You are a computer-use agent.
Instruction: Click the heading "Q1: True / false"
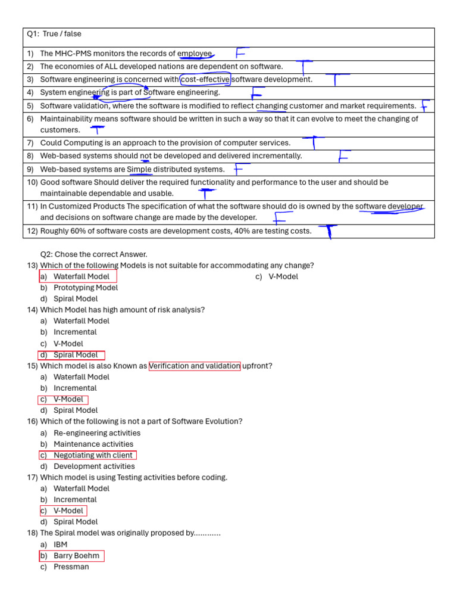pyautogui.click(x=54, y=34)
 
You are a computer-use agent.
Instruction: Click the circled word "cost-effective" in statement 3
pyautogui.click(x=205, y=79)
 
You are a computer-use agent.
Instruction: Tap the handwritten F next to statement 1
pyautogui.click(x=241, y=54)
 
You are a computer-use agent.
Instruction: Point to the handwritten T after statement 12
pyautogui.click(x=328, y=231)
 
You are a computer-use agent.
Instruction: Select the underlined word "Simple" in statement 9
pyautogui.click(x=139, y=169)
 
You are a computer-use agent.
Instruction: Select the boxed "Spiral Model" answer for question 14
pyautogui.click(x=75, y=355)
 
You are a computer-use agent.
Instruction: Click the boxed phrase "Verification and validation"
pyautogui.click(x=195, y=366)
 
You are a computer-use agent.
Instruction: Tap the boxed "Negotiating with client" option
pyautogui.click(x=93, y=455)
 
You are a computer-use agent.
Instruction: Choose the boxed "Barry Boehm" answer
pyautogui.click(x=76, y=556)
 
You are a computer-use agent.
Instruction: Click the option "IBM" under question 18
pyautogui.click(x=60, y=544)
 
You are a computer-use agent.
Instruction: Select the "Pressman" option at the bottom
pyautogui.click(x=71, y=567)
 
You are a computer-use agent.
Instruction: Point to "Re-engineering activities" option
pyautogui.click(x=97, y=433)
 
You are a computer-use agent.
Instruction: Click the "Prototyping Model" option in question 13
pyautogui.click(x=86, y=288)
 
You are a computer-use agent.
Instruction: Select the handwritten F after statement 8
pyautogui.click(x=343, y=156)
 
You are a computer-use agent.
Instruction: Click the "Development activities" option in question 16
pyautogui.click(x=94, y=466)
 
